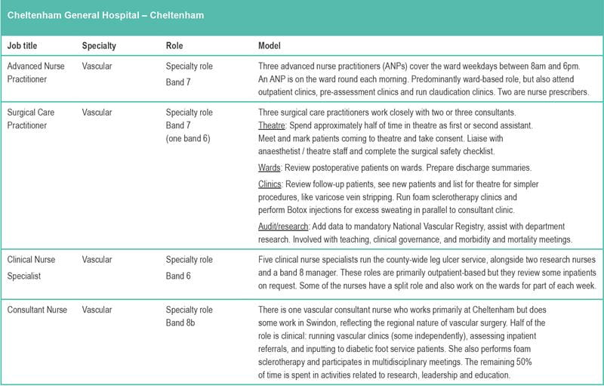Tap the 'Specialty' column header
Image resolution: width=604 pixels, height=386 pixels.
pyautogui.click(x=99, y=46)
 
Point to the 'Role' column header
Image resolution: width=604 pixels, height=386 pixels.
pyautogui.click(x=174, y=46)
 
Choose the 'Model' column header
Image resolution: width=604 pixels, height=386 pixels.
pyautogui.click(x=270, y=46)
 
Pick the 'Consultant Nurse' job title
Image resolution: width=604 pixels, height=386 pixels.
pyautogui.click(x=37, y=310)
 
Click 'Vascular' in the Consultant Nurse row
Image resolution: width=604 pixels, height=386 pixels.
pyautogui.click(x=97, y=310)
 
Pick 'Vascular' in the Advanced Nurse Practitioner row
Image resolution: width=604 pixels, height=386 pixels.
pyautogui.click(x=97, y=66)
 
